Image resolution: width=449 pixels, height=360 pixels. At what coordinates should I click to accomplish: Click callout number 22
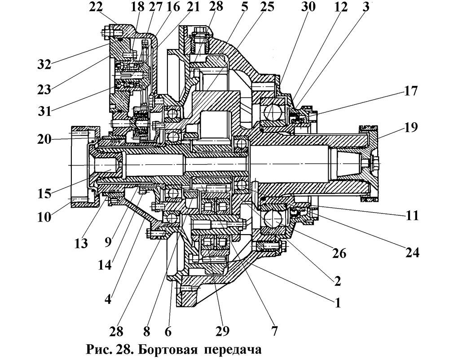pos(96,7)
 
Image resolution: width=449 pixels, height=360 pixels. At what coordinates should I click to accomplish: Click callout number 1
pos(337,302)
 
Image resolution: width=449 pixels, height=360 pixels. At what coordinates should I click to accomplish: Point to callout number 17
pos(410,91)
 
